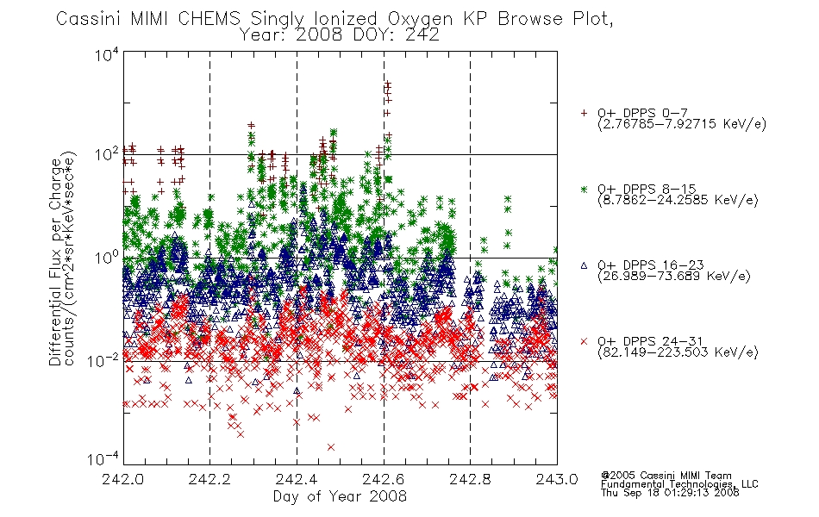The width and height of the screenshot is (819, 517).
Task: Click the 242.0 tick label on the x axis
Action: point(122,479)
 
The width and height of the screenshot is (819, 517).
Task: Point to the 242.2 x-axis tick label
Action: point(209,479)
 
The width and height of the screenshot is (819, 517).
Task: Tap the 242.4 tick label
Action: point(297,479)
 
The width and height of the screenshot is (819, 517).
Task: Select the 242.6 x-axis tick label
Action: point(383,479)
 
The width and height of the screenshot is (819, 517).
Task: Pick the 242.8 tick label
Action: point(470,479)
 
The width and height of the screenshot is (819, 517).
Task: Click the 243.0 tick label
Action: point(557,479)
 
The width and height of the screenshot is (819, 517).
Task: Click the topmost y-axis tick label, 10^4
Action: point(107,55)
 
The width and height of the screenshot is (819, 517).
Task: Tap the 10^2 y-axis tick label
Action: point(107,155)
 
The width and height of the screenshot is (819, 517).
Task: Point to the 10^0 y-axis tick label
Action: point(107,258)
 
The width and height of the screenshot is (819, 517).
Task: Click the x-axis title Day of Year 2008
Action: point(340,496)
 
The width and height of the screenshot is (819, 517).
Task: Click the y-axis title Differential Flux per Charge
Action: point(55,262)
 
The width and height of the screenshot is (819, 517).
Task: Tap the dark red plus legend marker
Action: point(584,113)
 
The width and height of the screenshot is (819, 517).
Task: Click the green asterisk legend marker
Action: point(584,189)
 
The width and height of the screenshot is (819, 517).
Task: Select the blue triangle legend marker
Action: point(584,265)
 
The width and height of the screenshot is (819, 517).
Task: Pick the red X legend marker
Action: point(584,341)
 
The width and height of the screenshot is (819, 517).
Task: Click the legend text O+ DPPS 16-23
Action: point(651,265)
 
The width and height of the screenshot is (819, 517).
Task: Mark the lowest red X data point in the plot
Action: point(331,447)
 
